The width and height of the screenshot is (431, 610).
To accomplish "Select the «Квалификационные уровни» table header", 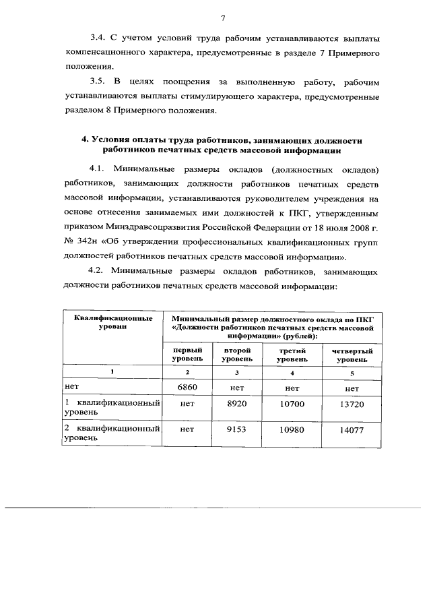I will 112,322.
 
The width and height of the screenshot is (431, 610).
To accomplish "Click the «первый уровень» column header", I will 187,355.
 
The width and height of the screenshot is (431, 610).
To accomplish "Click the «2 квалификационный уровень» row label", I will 112,433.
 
